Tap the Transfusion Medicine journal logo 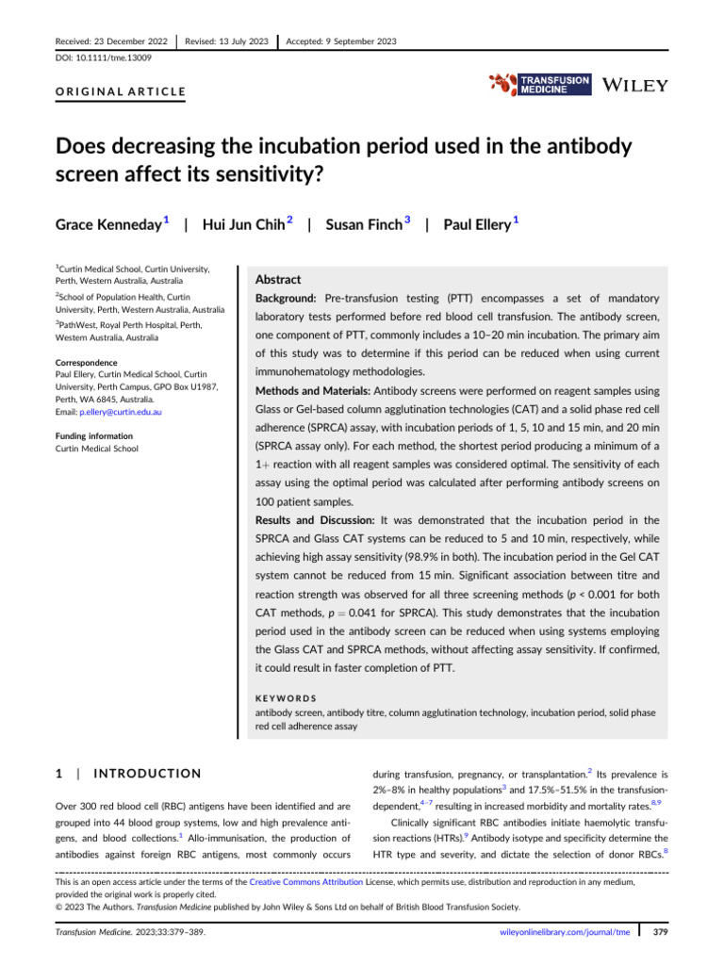pyautogui.click(x=540, y=85)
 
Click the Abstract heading pyautogui.click(x=279, y=280)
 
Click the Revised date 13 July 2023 pyautogui.click(x=227, y=41)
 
